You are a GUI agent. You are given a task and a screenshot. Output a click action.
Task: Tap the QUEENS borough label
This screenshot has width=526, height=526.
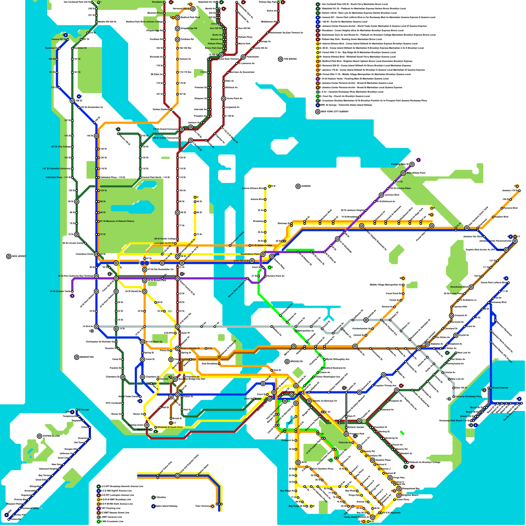[x=306, y=186]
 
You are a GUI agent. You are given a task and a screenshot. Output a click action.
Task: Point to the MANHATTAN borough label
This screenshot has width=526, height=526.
[x=86, y=357]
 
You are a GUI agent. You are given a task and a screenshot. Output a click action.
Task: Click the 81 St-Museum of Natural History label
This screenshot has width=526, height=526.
[x=117, y=221]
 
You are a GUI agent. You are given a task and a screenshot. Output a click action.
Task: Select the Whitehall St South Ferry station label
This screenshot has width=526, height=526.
[x=170, y=427]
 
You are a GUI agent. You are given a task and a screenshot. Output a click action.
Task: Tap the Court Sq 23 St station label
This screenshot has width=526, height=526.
[x=241, y=261]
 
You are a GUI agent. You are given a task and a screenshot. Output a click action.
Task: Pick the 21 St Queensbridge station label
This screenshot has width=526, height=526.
[x=262, y=246]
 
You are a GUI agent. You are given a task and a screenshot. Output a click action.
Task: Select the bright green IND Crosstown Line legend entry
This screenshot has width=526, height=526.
[x=112, y=521]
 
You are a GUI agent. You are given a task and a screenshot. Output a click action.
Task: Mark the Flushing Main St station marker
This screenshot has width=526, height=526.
[x=412, y=164]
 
